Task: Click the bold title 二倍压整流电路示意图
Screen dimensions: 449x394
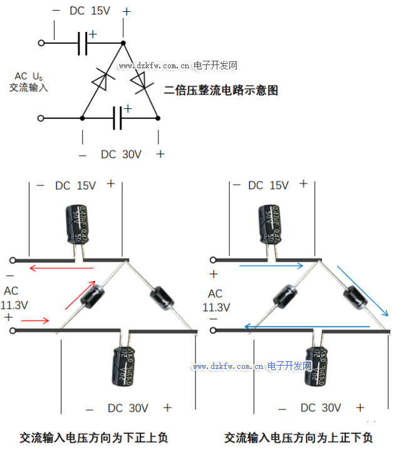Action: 220,90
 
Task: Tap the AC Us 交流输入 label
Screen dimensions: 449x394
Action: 28,82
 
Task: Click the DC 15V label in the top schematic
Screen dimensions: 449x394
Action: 89,11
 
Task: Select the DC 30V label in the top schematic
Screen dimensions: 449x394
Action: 121,154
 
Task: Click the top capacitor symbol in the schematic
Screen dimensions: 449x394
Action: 82,43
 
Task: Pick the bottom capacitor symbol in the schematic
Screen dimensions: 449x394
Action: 117,118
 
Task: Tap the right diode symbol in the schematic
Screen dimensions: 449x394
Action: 140,81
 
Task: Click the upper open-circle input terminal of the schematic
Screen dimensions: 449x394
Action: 42,43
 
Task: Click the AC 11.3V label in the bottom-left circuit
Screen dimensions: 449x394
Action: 13,299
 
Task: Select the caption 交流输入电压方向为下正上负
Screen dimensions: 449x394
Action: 94,437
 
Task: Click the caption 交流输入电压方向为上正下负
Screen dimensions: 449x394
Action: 299,437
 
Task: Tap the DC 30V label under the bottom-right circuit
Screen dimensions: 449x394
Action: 321,408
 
